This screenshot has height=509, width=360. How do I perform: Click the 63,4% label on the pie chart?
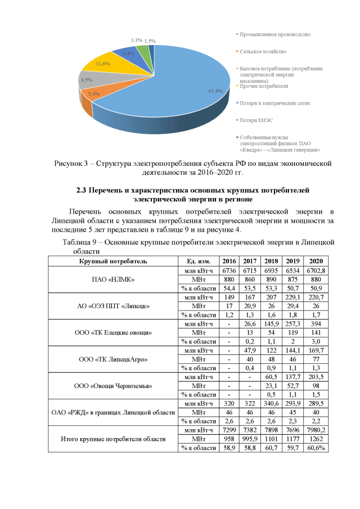tap(215, 91)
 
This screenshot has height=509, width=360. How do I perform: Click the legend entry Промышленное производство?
tap(274, 34)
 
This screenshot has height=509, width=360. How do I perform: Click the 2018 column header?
tap(272, 262)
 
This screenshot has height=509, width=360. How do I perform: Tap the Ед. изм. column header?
tap(197, 262)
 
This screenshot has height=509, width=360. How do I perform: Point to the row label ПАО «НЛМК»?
tap(112, 280)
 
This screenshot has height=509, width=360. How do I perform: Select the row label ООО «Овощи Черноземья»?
tap(112, 386)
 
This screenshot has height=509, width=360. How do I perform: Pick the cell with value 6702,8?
tap(316, 271)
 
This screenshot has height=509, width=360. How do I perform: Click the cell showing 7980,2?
tap(316, 430)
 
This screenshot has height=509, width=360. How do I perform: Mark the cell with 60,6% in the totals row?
tap(316, 448)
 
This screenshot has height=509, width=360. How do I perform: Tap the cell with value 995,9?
tap(250, 439)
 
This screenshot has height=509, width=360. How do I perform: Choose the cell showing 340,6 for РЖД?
tap(272, 403)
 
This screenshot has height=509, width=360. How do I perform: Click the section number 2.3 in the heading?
tap(82, 190)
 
